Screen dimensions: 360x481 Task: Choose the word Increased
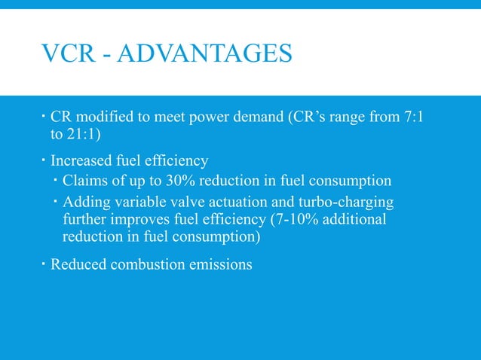[82, 161]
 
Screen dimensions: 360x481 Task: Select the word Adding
[86, 202]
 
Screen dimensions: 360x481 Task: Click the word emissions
[223, 265]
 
